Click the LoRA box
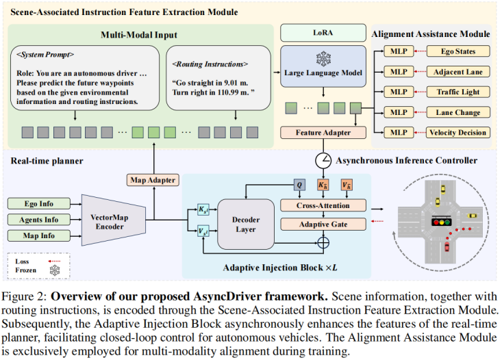coord(323,33)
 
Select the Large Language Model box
coord(323,66)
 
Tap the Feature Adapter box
coord(323,133)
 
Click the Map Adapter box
coord(153,180)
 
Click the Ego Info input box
coord(39,204)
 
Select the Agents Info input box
coord(39,220)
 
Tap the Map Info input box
coord(39,236)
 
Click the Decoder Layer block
coord(246,224)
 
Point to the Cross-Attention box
coord(323,205)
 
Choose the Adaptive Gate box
coord(323,224)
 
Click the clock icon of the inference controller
coord(323,161)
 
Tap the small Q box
coord(299,185)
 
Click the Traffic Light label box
coord(458,92)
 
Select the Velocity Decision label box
coord(458,133)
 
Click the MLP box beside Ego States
coord(399,51)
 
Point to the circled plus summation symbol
coord(323,243)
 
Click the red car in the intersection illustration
coord(447,247)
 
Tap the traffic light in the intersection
coord(441,222)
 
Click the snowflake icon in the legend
coord(55,270)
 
